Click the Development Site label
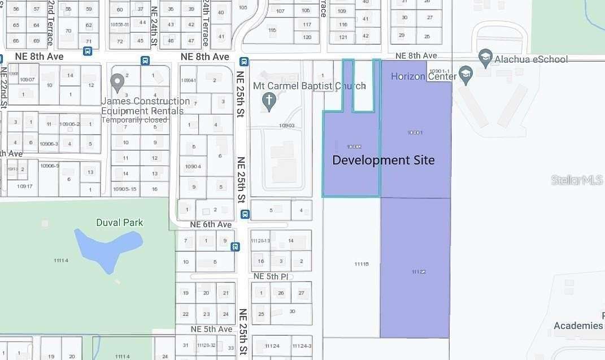click(384, 161)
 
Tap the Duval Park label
click(119, 223)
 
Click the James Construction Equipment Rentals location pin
click(117, 83)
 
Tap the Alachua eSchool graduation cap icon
click(485, 57)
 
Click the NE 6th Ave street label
click(211, 224)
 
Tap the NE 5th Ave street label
click(211, 329)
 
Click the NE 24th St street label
click(154, 25)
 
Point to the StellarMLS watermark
click(577, 180)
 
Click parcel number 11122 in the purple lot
click(419, 272)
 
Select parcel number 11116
click(362, 264)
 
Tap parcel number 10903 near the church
click(286, 125)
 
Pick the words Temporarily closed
click(134, 120)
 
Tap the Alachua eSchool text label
click(531, 59)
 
